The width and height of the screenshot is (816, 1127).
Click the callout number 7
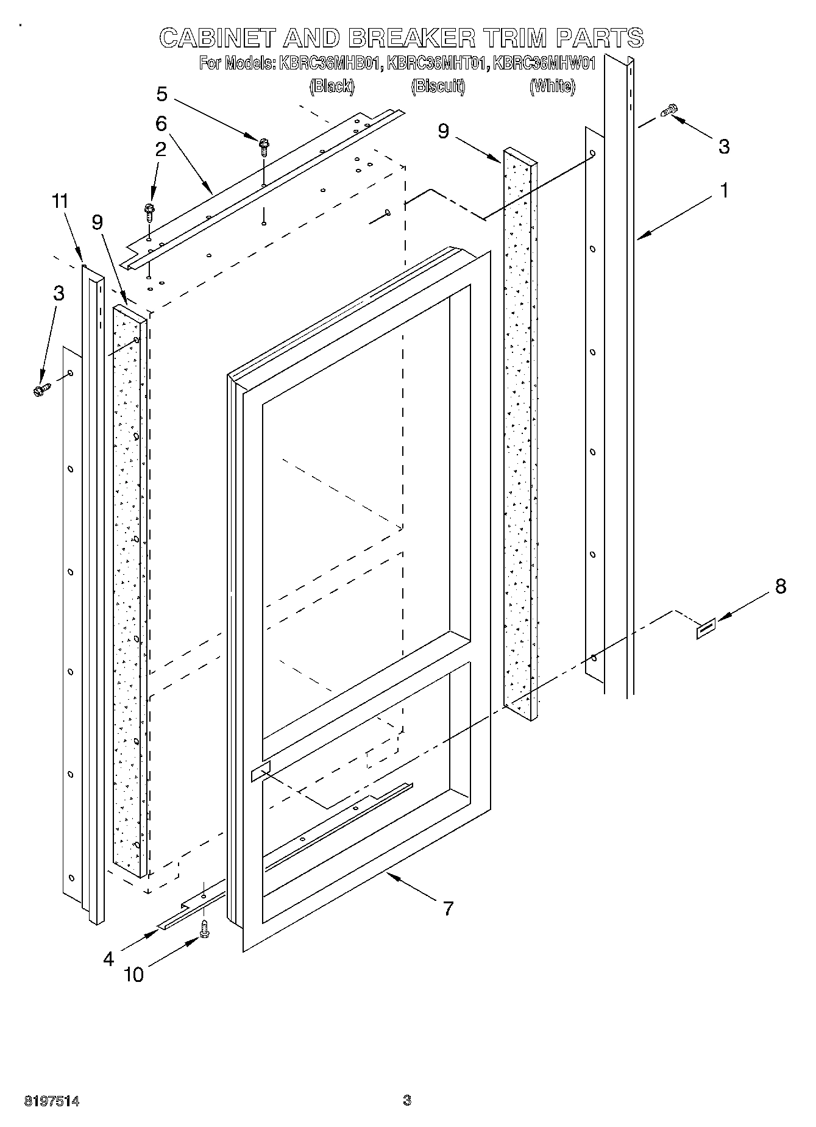tap(448, 909)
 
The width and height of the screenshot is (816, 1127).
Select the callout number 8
tap(780, 586)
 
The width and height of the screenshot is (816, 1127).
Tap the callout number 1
tap(724, 191)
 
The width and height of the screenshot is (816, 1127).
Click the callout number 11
tap(61, 202)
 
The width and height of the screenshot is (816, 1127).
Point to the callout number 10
tap(133, 975)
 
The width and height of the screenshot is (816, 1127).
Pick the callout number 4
tap(108, 959)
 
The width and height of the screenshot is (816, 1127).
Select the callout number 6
tap(161, 124)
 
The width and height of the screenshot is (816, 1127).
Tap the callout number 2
tap(160, 150)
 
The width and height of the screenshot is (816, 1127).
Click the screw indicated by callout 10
tap(205, 928)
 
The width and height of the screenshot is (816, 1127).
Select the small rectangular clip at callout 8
tap(706, 628)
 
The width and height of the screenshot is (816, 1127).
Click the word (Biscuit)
tap(438, 87)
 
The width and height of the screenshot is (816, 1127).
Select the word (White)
tap(552, 87)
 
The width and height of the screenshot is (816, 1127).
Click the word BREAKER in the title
tap(411, 38)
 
